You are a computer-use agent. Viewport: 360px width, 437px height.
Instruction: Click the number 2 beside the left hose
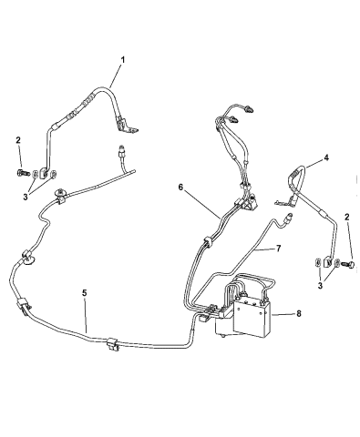tap(18, 139)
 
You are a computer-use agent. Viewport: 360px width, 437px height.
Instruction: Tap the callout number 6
tap(181, 187)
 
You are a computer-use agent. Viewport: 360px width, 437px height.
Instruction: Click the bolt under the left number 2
tap(21, 171)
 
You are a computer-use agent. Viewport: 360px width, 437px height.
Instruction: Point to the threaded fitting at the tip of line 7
tap(289, 217)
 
